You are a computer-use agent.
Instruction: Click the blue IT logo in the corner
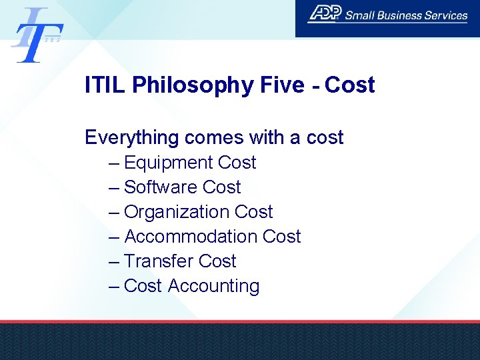[x=37, y=35]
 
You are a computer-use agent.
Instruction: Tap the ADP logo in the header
[x=325, y=14]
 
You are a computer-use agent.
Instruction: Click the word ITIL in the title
[x=105, y=85]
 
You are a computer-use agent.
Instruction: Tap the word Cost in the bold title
[x=350, y=85]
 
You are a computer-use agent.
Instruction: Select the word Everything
[x=132, y=137]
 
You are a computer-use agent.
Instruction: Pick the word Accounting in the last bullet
[x=213, y=286]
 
